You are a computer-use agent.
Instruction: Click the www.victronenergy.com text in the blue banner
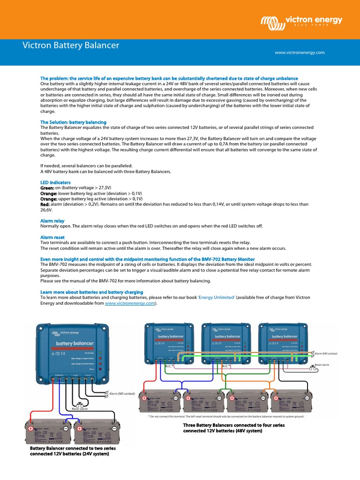click(x=300, y=52)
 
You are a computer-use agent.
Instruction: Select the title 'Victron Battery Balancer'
click(x=71, y=45)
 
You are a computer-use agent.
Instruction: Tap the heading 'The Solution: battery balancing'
click(x=73, y=122)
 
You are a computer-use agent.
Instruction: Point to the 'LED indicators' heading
click(x=55, y=182)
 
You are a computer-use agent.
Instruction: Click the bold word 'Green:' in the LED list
click(x=47, y=187)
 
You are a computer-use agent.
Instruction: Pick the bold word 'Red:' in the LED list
click(x=45, y=204)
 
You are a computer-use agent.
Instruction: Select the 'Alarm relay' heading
click(x=52, y=220)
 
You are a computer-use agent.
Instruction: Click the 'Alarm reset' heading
click(x=52, y=237)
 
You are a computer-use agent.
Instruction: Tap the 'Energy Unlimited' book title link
click(x=217, y=298)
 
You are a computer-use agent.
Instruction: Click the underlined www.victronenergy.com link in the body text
click(x=130, y=303)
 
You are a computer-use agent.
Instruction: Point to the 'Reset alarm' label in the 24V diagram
click(x=80, y=408)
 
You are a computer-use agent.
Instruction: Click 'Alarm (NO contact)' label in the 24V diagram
click(x=122, y=394)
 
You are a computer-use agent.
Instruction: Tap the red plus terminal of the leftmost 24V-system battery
click(x=31, y=428)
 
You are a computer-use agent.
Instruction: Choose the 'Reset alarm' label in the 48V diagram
click(x=323, y=364)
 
